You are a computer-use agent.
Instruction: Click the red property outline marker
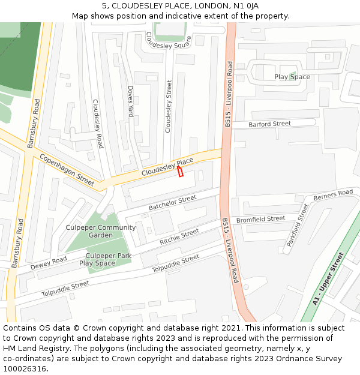pyautogui.click(x=180, y=172)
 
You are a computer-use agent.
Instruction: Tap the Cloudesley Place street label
pyautogui.click(x=167, y=167)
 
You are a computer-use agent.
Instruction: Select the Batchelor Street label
pyautogui.click(x=172, y=203)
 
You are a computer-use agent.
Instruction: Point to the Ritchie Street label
pyautogui.click(x=179, y=236)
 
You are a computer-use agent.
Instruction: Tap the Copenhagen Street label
pyautogui.click(x=67, y=170)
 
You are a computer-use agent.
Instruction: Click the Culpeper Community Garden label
pyautogui.click(x=100, y=232)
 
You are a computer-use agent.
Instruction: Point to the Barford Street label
pyautogui.click(x=270, y=124)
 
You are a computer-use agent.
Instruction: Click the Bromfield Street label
pyautogui.click(x=260, y=220)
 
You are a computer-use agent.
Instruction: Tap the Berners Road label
pyautogui.click(x=333, y=194)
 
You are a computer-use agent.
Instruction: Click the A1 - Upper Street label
pyautogui.click(x=328, y=278)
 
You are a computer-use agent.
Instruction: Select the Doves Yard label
pyautogui.click(x=131, y=101)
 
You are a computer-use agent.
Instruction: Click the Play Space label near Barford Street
pyautogui.click(x=292, y=77)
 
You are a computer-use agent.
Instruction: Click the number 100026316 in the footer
pyautogui.click(x=25, y=369)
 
